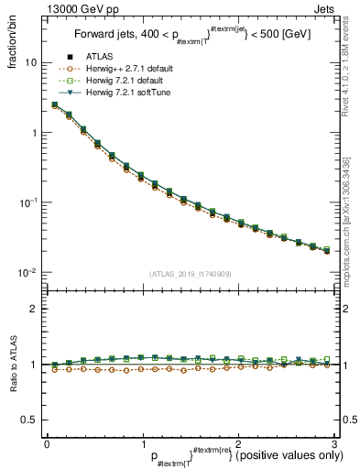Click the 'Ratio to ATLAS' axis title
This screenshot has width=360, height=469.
(13, 363)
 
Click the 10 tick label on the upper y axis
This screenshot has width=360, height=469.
(30, 62)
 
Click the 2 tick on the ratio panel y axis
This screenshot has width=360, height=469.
(34, 309)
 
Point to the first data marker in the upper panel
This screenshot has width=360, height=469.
(54, 105)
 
